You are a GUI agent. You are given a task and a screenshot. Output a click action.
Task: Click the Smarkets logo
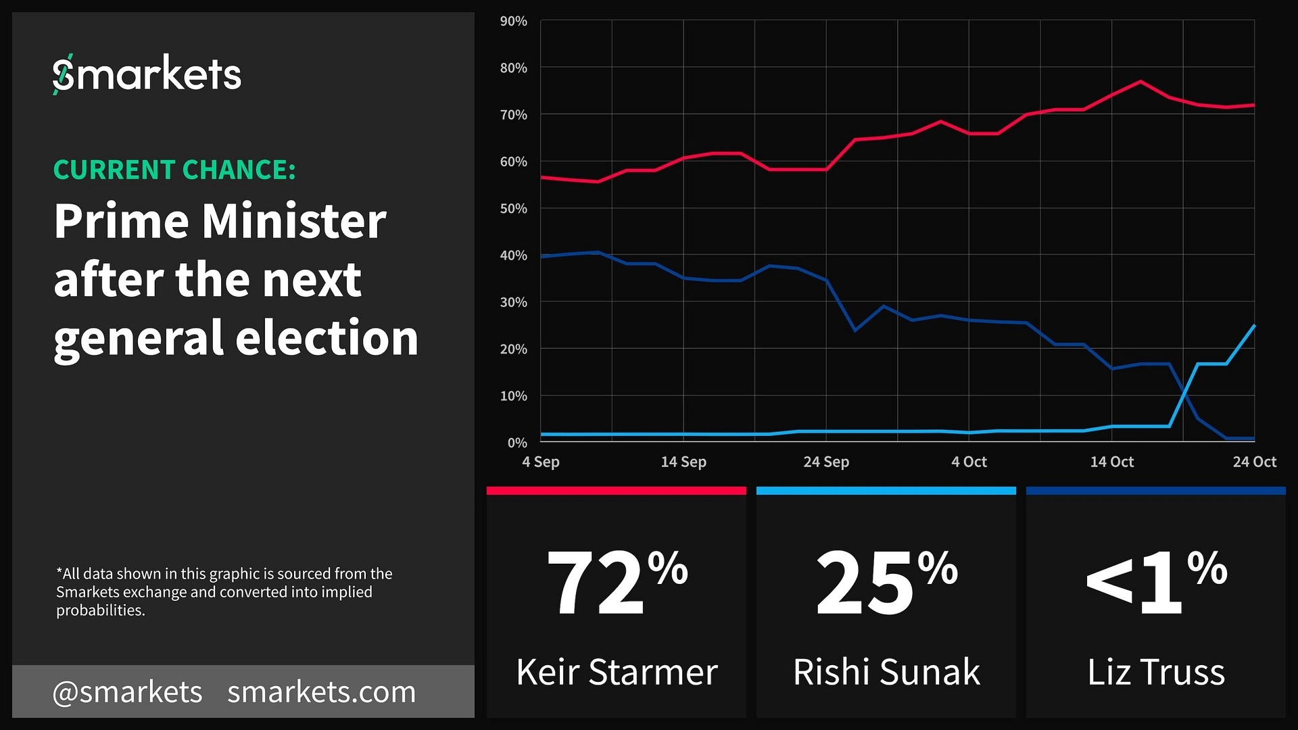click(147, 74)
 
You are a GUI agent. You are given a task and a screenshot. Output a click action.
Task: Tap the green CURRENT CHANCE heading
click(174, 170)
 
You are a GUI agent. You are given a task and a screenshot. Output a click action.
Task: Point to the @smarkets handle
click(127, 692)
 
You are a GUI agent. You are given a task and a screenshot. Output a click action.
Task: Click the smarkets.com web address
click(321, 692)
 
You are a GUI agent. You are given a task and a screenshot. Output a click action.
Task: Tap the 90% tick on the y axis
click(513, 22)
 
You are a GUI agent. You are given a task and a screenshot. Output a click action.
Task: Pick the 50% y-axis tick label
click(513, 209)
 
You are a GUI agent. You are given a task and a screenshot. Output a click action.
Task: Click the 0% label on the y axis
click(516, 443)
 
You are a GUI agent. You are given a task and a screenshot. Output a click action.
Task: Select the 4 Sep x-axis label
click(540, 462)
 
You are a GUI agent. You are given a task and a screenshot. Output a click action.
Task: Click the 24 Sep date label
click(825, 462)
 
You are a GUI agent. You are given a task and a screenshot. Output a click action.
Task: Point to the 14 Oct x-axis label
click(1111, 462)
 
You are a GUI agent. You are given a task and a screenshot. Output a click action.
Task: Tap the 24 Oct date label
click(1254, 462)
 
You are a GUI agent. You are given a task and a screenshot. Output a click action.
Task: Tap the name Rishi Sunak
click(886, 672)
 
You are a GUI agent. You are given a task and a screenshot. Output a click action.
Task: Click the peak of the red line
click(1140, 82)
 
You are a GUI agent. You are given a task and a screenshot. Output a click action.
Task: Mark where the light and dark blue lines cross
click(1184, 391)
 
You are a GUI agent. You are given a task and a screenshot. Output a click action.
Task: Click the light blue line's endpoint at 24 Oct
click(1254, 326)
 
